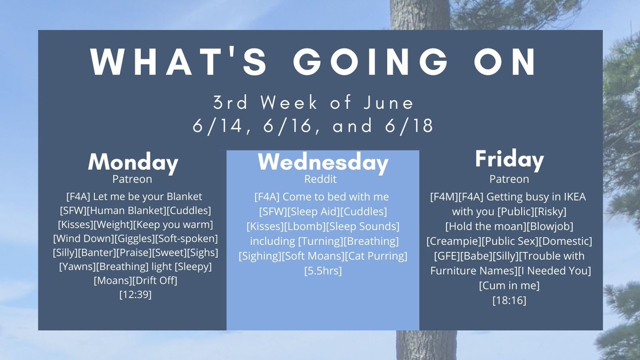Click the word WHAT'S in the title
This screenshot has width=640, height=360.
(x=179, y=62)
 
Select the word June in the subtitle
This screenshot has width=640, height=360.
(x=389, y=102)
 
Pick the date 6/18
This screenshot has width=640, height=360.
(x=409, y=126)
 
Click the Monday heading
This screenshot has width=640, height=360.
(x=133, y=163)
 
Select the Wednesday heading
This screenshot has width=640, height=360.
(x=323, y=162)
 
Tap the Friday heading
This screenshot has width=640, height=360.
(x=509, y=159)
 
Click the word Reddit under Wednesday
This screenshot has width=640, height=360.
(x=321, y=179)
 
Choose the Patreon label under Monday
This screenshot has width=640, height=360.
(x=132, y=179)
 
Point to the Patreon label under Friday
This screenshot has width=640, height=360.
(x=509, y=179)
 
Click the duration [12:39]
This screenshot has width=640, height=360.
(x=135, y=294)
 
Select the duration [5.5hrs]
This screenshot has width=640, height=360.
(x=323, y=270)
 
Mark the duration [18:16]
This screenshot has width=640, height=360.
(x=509, y=300)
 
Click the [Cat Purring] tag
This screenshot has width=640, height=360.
(x=377, y=256)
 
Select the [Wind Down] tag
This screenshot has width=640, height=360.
(x=83, y=238)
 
